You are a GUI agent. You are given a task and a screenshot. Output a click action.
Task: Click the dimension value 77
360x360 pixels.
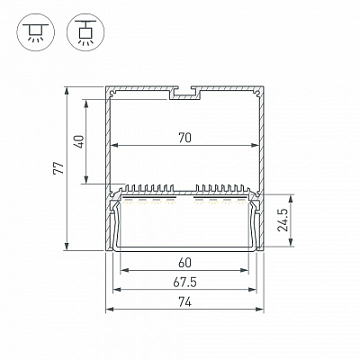coord(58,168)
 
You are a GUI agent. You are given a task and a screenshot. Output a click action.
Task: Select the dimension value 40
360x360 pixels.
coord(78,141)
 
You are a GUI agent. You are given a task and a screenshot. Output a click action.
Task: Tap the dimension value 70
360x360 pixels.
coord(184,138)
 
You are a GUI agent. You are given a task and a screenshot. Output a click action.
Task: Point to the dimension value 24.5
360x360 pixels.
coord(283,220)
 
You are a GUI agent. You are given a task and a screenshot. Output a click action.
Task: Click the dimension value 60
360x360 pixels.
coord(184,263)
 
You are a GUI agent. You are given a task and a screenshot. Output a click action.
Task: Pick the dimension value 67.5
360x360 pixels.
coord(184,283)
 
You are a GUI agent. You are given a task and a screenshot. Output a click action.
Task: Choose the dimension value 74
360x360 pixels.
coord(184,302)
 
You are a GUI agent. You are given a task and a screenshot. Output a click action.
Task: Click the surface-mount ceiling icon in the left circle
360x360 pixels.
coord(36,32)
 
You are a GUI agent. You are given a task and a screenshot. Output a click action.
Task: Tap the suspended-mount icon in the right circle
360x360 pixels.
coord(85,32)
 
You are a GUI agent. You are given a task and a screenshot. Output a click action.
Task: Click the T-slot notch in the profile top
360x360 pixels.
coord(184,93)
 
